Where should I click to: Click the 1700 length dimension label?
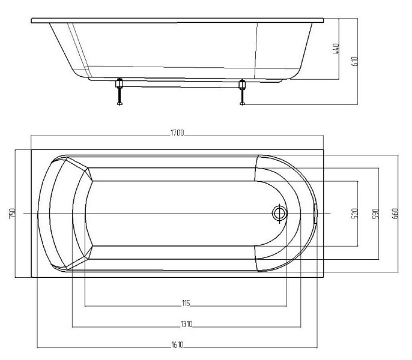pyautogui.click(x=177, y=133)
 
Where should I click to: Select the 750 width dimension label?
pyautogui.click(x=13, y=213)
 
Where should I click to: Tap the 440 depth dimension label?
pyautogui.click(x=336, y=49)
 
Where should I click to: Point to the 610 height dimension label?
pyautogui.click(x=354, y=61)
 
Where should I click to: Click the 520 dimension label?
pyautogui.click(x=354, y=214)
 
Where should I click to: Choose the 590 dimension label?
pyautogui.click(x=376, y=214)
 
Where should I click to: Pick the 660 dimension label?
pyautogui.click(x=395, y=214)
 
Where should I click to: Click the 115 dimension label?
pyautogui.click(x=186, y=303)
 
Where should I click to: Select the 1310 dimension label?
pyautogui.click(x=186, y=324)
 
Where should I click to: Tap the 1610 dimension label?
pyautogui.click(x=177, y=345)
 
